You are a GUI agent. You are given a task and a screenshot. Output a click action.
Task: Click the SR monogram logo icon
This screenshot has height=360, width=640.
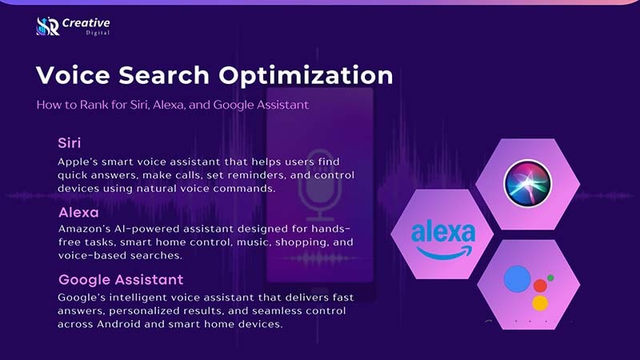[47, 26]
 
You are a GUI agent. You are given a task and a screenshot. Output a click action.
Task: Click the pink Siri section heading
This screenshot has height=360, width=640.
[69, 143]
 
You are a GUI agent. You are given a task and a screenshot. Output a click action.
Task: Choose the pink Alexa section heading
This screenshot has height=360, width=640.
[78, 213]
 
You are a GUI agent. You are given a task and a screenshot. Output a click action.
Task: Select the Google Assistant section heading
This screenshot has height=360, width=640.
[121, 280]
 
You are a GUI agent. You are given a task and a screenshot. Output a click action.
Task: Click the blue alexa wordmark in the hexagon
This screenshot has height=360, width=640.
[442, 234]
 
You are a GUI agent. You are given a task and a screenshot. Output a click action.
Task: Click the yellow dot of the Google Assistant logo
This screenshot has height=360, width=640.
[540, 302]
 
